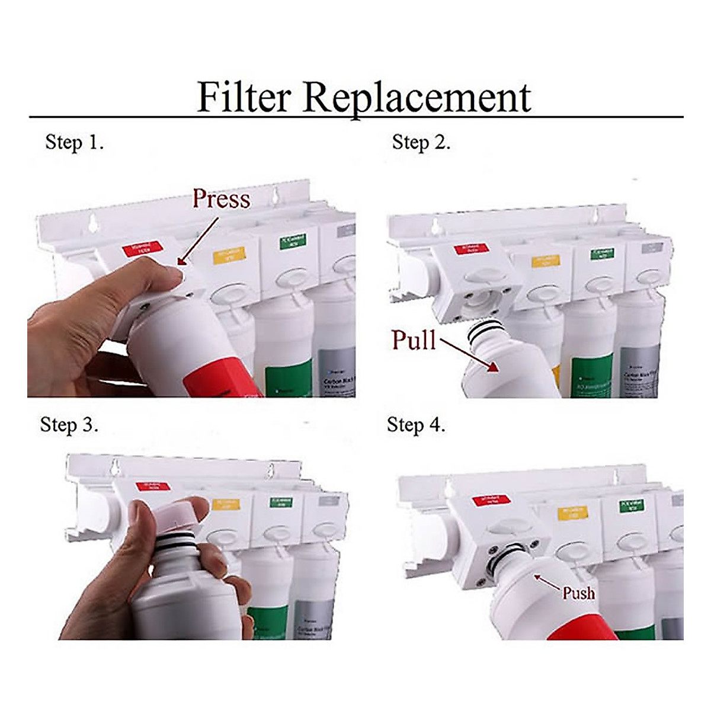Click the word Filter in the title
pyautogui.click(x=244, y=97)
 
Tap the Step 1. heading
pyautogui.click(x=75, y=142)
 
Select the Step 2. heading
pyautogui.click(x=421, y=142)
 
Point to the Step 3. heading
pyautogui.click(x=69, y=425)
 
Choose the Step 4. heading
pyautogui.click(x=416, y=425)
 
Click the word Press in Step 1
pyautogui.click(x=221, y=199)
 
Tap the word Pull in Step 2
pyautogui.click(x=414, y=340)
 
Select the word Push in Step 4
pyautogui.click(x=578, y=592)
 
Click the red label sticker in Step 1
pyautogui.click(x=140, y=248)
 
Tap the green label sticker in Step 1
pyautogui.click(x=292, y=241)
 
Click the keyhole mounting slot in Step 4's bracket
pyautogui.click(x=614, y=476)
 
